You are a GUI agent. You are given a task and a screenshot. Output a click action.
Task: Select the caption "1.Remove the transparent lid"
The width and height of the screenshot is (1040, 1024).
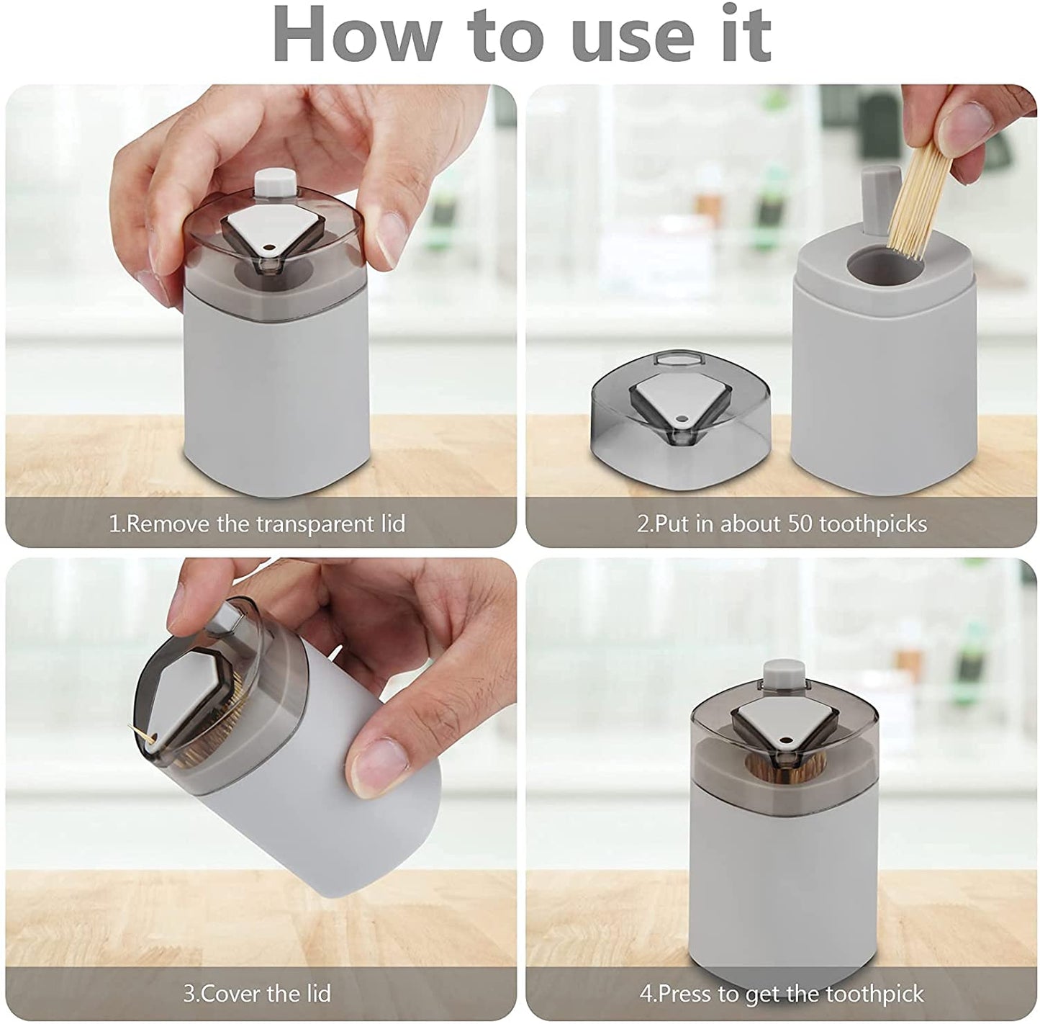[x=257, y=523]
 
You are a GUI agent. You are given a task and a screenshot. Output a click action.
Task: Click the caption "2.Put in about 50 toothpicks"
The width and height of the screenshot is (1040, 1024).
[x=782, y=523]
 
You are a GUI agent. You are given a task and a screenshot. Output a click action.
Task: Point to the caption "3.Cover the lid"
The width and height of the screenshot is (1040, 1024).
[x=257, y=994]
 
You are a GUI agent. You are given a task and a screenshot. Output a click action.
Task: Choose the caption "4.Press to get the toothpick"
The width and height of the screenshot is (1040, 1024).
[x=782, y=994]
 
